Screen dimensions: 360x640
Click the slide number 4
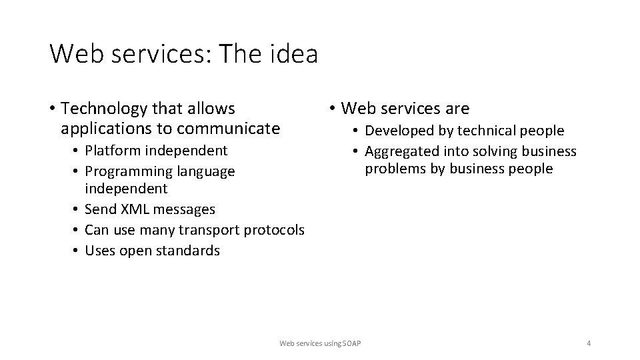coord(589,343)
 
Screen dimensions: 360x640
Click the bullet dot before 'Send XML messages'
coord(77,209)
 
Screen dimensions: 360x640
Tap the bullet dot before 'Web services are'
coord(331,109)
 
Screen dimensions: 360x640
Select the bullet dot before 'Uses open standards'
coord(77,251)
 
